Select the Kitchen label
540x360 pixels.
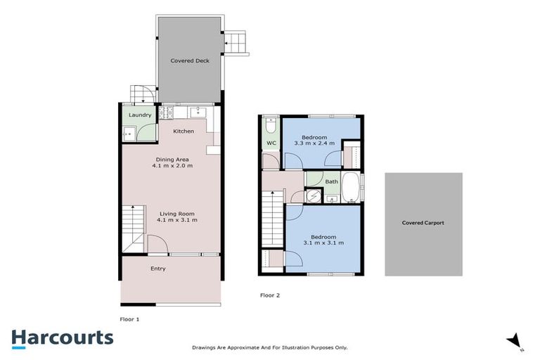pyautogui.click(x=184, y=131)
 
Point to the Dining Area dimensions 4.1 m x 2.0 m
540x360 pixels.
pyautogui.click(x=174, y=166)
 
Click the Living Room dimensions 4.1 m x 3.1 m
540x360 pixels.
pyautogui.click(x=176, y=220)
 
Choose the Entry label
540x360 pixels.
pyautogui.click(x=157, y=269)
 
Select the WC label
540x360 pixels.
pyautogui.click(x=270, y=144)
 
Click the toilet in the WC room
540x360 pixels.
pyautogui.click(x=270, y=126)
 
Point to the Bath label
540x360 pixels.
pyautogui.click(x=331, y=181)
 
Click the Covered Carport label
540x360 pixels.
pyautogui.click(x=423, y=223)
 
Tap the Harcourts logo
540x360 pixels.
pyautogui.click(x=62, y=338)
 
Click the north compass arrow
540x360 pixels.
pyautogui.click(x=514, y=340)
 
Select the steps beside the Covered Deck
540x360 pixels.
pyautogui.click(x=236, y=44)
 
